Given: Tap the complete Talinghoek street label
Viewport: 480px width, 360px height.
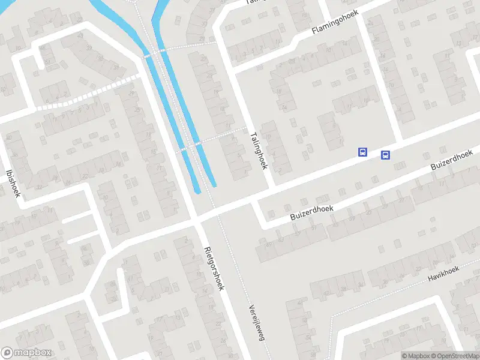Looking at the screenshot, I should click(x=259, y=151).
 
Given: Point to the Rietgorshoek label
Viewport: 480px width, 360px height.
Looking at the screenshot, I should click(x=214, y=268).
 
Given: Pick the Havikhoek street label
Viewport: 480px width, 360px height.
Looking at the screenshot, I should click(x=443, y=274).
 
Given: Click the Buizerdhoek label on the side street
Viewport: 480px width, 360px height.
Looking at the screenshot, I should click(x=311, y=211).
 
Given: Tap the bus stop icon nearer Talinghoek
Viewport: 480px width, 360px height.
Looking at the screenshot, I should click(x=362, y=152).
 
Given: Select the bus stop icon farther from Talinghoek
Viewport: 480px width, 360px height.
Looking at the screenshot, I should click(x=385, y=155).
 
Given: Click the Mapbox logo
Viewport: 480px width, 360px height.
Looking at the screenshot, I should click(x=25, y=353).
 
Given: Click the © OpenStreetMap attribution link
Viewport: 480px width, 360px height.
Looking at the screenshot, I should click(x=455, y=356).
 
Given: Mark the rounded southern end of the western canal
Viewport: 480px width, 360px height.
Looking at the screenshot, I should click(x=198, y=190).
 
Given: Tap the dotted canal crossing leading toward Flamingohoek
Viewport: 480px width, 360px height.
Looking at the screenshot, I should click(x=157, y=52).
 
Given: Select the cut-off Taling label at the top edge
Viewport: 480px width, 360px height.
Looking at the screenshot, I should click(x=255, y=2).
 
